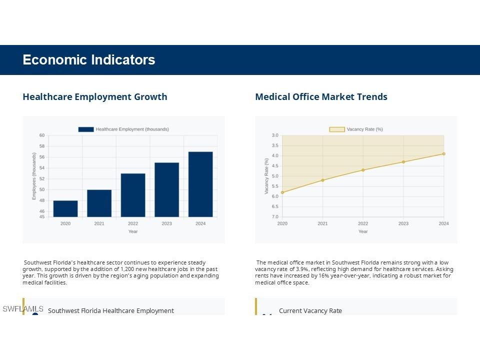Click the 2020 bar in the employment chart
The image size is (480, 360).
(65, 208)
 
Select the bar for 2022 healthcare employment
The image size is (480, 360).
(133, 195)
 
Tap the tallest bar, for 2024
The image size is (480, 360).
(200, 184)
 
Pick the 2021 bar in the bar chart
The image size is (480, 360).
(99, 203)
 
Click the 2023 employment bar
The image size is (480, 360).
(166, 189)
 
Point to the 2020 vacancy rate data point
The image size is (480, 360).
(282, 192)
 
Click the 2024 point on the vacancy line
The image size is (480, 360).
(443, 154)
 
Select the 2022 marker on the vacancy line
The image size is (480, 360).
(363, 170)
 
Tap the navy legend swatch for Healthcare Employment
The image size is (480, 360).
(86, 129)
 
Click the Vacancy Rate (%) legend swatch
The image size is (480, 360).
(337, 129)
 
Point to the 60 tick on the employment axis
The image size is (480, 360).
(42, 135)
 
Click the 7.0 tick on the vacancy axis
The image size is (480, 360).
(275, 217)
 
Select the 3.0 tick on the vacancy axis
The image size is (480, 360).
(275, 135)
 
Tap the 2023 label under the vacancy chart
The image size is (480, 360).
(403, 223)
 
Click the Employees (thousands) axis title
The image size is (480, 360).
(34, 176)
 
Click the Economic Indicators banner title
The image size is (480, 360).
(89, 60)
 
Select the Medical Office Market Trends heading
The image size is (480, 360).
(321, 97)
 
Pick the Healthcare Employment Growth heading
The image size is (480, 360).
(95, 97)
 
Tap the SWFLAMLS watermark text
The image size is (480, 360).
(23, 309)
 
